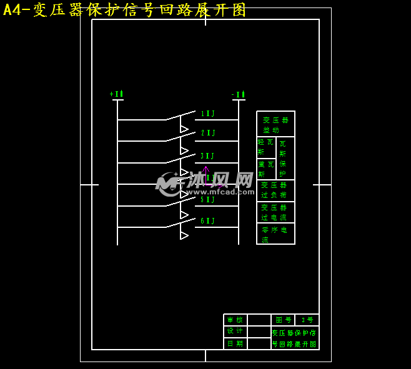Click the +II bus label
(116, 94)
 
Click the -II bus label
(238, 95)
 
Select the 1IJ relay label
(207, 114)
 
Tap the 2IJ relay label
(207, 133)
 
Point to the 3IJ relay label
(207, 156)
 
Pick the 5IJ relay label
(207, 200)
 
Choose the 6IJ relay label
(207, 221)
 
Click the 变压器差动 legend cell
(275, 125)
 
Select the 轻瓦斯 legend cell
(265, 147)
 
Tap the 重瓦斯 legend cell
(265, 169)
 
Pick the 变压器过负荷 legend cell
(275, 190)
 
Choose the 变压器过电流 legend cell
(275, 212)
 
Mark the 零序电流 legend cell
(275, 234)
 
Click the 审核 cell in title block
(235, 320)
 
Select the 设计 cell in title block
(235, 332)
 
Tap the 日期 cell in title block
(235, 343)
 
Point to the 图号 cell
(283, 320)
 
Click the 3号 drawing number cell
(307, 320)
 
